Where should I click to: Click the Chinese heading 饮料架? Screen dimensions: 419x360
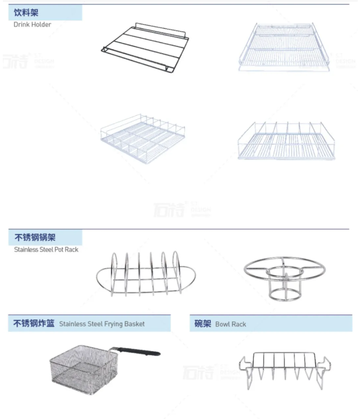click(27, 12)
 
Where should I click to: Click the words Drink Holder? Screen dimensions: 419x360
click(32, 25)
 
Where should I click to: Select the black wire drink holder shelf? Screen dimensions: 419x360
click(145, 47)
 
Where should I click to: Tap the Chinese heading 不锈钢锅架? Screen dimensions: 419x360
click(35, 237)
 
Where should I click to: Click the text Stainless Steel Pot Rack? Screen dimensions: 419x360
click(46, 249)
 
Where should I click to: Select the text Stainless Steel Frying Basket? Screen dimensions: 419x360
click(102, 324)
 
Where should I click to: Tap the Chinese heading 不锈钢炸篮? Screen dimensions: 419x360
click(34, 323)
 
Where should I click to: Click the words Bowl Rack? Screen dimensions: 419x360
click(231, 325)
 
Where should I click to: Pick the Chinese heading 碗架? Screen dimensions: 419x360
click(202, 324)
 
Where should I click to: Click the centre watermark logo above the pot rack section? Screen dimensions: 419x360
click(182, 210)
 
